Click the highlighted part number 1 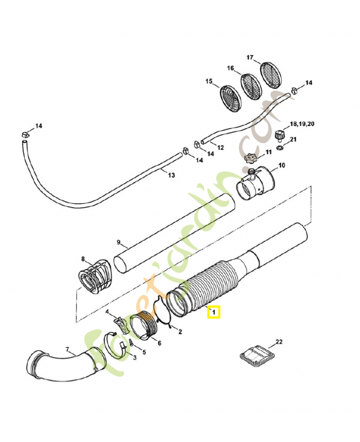click(x=213, y=313)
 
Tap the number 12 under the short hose click(x=220, y=148)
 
